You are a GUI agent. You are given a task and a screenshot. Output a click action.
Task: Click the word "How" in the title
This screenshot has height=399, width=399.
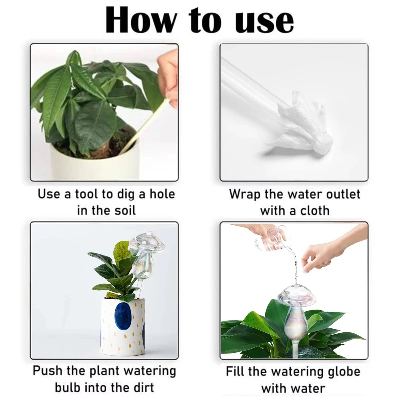(x=141, y=20)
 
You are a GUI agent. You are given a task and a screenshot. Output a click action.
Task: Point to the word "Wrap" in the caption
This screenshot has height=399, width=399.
(x=245, y=195)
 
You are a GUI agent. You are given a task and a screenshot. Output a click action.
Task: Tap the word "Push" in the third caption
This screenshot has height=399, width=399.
(x=48, y=371)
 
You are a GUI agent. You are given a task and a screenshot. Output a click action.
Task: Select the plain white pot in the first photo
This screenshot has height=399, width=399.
(x=95, y=163)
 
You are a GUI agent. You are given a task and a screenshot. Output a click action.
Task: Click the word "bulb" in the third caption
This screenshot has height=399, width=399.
(x=67, y=388)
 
